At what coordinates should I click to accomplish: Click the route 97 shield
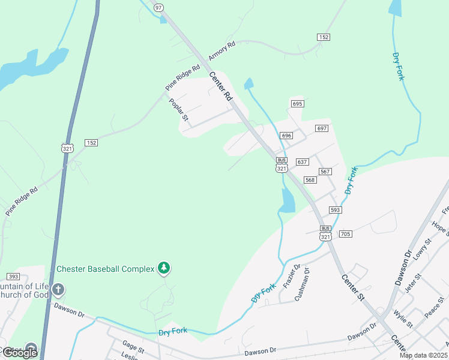coord(158,7)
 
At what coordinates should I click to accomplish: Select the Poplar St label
coord(178,109)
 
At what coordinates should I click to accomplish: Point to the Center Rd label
coord(220,86)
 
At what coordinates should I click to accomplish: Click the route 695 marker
coord(297,104)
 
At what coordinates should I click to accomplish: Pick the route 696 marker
coord(286,136)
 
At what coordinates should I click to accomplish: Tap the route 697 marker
coord(322,128)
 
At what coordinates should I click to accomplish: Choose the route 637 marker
coord(302,162)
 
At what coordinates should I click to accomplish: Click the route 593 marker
coord(335,210)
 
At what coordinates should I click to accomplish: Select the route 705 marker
coord(345,233)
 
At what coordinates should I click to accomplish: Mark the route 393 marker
coord(13,276)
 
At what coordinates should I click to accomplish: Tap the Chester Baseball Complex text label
coord(106,269)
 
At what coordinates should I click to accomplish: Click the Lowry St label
coord(424,248)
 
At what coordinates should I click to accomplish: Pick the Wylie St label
coord(403,319)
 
